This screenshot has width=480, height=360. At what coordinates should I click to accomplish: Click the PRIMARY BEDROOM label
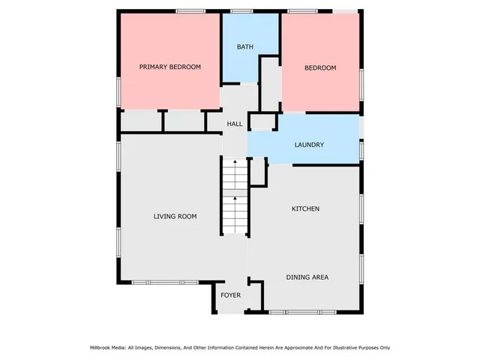tap(170, 67)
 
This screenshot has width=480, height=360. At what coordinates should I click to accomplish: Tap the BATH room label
tap(245, 47)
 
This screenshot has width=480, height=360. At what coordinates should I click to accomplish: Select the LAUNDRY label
tap(309, 145)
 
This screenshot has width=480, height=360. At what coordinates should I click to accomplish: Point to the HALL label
tap(235, 124)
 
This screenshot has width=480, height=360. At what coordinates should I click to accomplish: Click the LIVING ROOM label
tap(175, 217)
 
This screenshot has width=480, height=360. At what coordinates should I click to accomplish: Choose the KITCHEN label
tap(305, 208)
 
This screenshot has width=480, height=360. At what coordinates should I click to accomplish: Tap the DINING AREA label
tap(307, 277)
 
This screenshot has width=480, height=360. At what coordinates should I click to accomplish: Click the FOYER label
tap(230, 295)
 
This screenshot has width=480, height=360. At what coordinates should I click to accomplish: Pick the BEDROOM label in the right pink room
tap(319, 68)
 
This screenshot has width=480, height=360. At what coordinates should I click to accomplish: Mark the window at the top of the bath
tap(241, 10)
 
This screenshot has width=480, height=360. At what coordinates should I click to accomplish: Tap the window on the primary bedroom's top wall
tap(190, 10)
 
